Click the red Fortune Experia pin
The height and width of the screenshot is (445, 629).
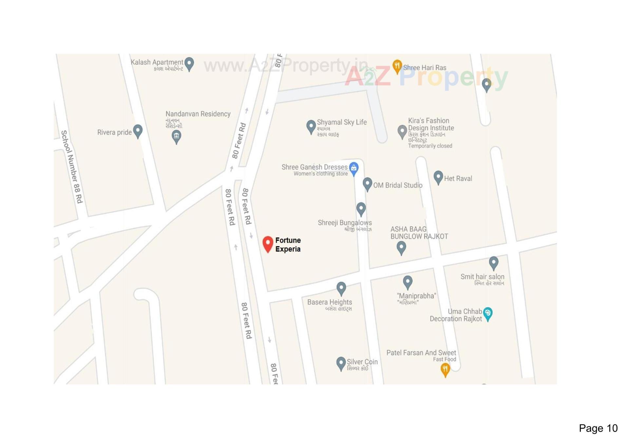point(268,244)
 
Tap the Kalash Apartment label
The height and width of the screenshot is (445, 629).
point(157,62)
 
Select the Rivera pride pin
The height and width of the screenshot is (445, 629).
point(138,131)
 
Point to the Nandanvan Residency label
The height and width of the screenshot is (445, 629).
point(198,114)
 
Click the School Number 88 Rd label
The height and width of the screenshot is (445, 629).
point(72,167)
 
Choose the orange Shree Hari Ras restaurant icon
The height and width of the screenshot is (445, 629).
point(397,66)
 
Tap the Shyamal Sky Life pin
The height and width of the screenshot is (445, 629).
point(311,127)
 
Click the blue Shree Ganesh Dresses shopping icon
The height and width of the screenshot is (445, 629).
point(353,169)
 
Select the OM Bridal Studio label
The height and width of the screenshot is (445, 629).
point(398,185)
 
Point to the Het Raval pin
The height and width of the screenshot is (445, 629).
point(438,177)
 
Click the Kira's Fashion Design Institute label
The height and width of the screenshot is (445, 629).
point(431,124)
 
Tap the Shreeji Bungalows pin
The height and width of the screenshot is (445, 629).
point(361,209)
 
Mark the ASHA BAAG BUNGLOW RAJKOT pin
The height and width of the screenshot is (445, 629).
point(401,247)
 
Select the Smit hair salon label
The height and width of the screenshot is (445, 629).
point(482,277)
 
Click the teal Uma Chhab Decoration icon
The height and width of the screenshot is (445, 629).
point(487,314)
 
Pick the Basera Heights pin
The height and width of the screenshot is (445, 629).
point(341,288)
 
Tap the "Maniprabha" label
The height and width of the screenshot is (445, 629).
point(416,296)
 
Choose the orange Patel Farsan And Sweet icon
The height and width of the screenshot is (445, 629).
point(445,370)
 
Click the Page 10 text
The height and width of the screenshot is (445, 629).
point(598,428)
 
